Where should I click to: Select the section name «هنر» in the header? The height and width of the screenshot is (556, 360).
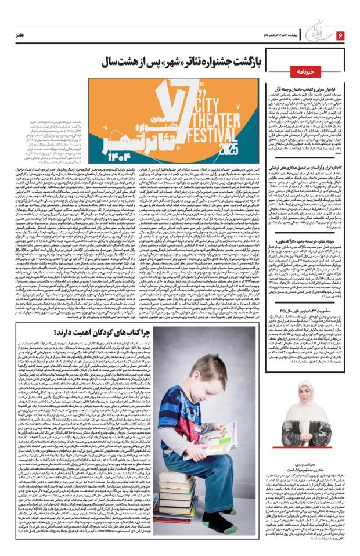pyautogui.click(x=24, y=36)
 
